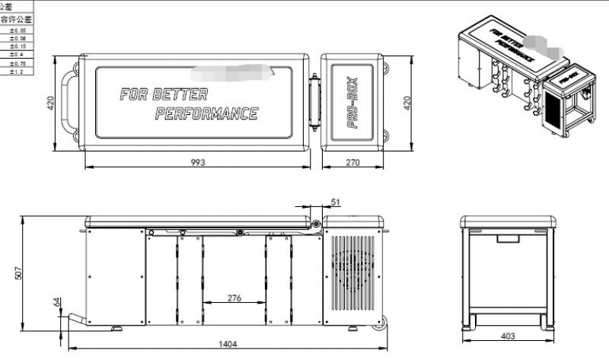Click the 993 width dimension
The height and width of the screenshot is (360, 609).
tap(199, 161)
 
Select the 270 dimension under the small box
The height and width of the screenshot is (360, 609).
tap(352, 161)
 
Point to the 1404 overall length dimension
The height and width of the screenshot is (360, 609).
tap(227, 344)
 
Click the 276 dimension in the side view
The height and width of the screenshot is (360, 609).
tap(234, 298)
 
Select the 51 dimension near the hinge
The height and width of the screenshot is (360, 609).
tap(336, 202)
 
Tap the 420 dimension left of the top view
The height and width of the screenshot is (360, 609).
tap(52, 102)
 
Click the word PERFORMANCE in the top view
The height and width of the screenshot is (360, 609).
tap(206, 114)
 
